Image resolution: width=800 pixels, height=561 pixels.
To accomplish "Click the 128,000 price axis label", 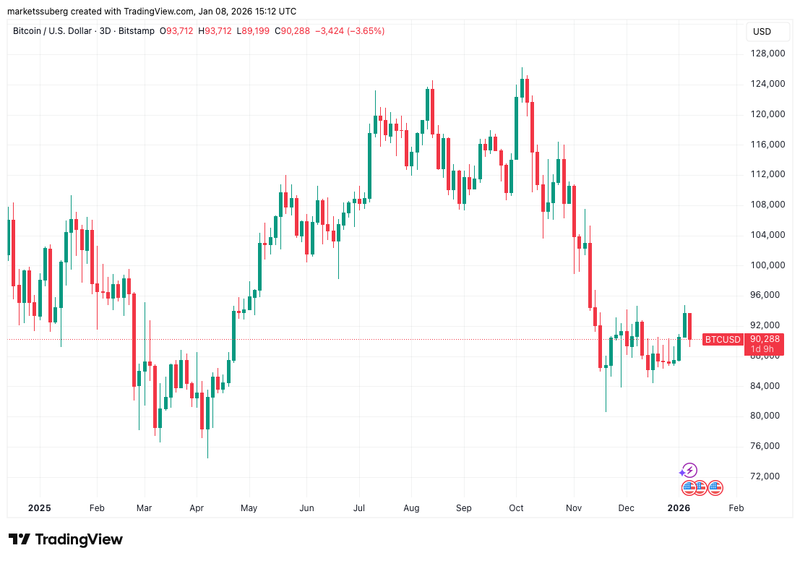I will [767, 53].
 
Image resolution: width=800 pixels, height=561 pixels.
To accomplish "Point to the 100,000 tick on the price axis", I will [767, 265].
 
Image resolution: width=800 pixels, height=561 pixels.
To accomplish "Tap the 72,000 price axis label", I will [767, 476].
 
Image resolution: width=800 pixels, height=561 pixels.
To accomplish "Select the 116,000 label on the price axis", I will [767, 145].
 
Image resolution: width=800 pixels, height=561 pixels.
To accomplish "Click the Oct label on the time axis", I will [516, 508].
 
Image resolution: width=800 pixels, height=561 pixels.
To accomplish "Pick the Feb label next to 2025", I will [96, 508].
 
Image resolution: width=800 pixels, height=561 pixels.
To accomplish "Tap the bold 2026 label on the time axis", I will [679, 508].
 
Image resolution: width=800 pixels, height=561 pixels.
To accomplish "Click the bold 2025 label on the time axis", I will [39, 508].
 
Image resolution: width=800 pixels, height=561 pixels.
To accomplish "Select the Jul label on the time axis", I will [359, 508].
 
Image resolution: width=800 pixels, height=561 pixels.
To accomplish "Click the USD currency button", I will [762, 32].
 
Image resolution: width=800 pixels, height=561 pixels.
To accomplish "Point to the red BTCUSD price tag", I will [723, 339].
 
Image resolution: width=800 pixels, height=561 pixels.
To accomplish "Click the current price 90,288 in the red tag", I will [765, 338].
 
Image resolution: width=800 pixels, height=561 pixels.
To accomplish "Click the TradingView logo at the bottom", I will [66, 539].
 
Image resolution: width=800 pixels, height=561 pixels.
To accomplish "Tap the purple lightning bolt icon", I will [690, 471].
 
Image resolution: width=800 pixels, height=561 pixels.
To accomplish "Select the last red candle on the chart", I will [690, 326].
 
